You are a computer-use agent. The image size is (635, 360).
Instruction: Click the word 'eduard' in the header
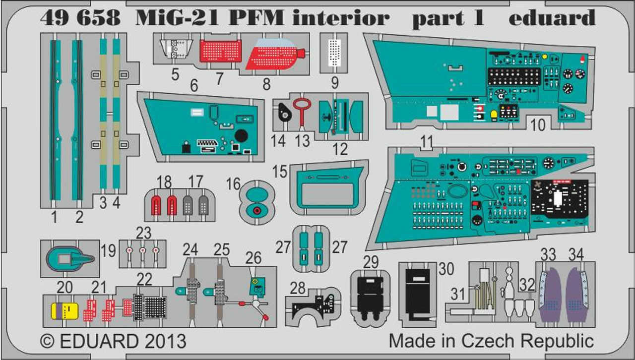(x=552, y=18)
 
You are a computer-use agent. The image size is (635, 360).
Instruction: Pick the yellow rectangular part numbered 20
(x=65, y=311)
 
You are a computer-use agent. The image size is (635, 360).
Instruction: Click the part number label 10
(x=537, y=125)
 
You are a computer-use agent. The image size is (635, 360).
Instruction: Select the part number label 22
(x=144, y=280)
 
